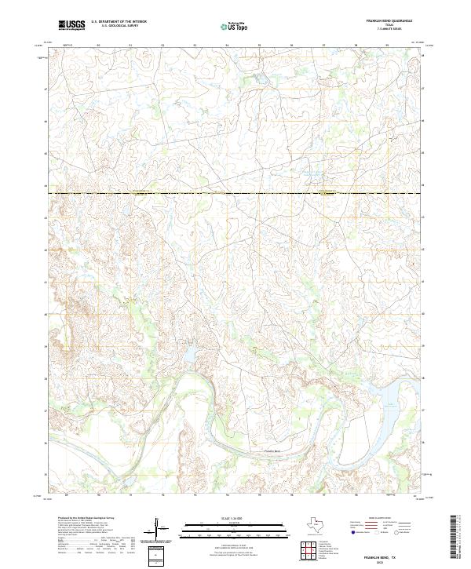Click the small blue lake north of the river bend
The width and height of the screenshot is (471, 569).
(x=190, y=354)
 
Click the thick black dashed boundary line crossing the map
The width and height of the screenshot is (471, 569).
(x=235, y=193)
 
